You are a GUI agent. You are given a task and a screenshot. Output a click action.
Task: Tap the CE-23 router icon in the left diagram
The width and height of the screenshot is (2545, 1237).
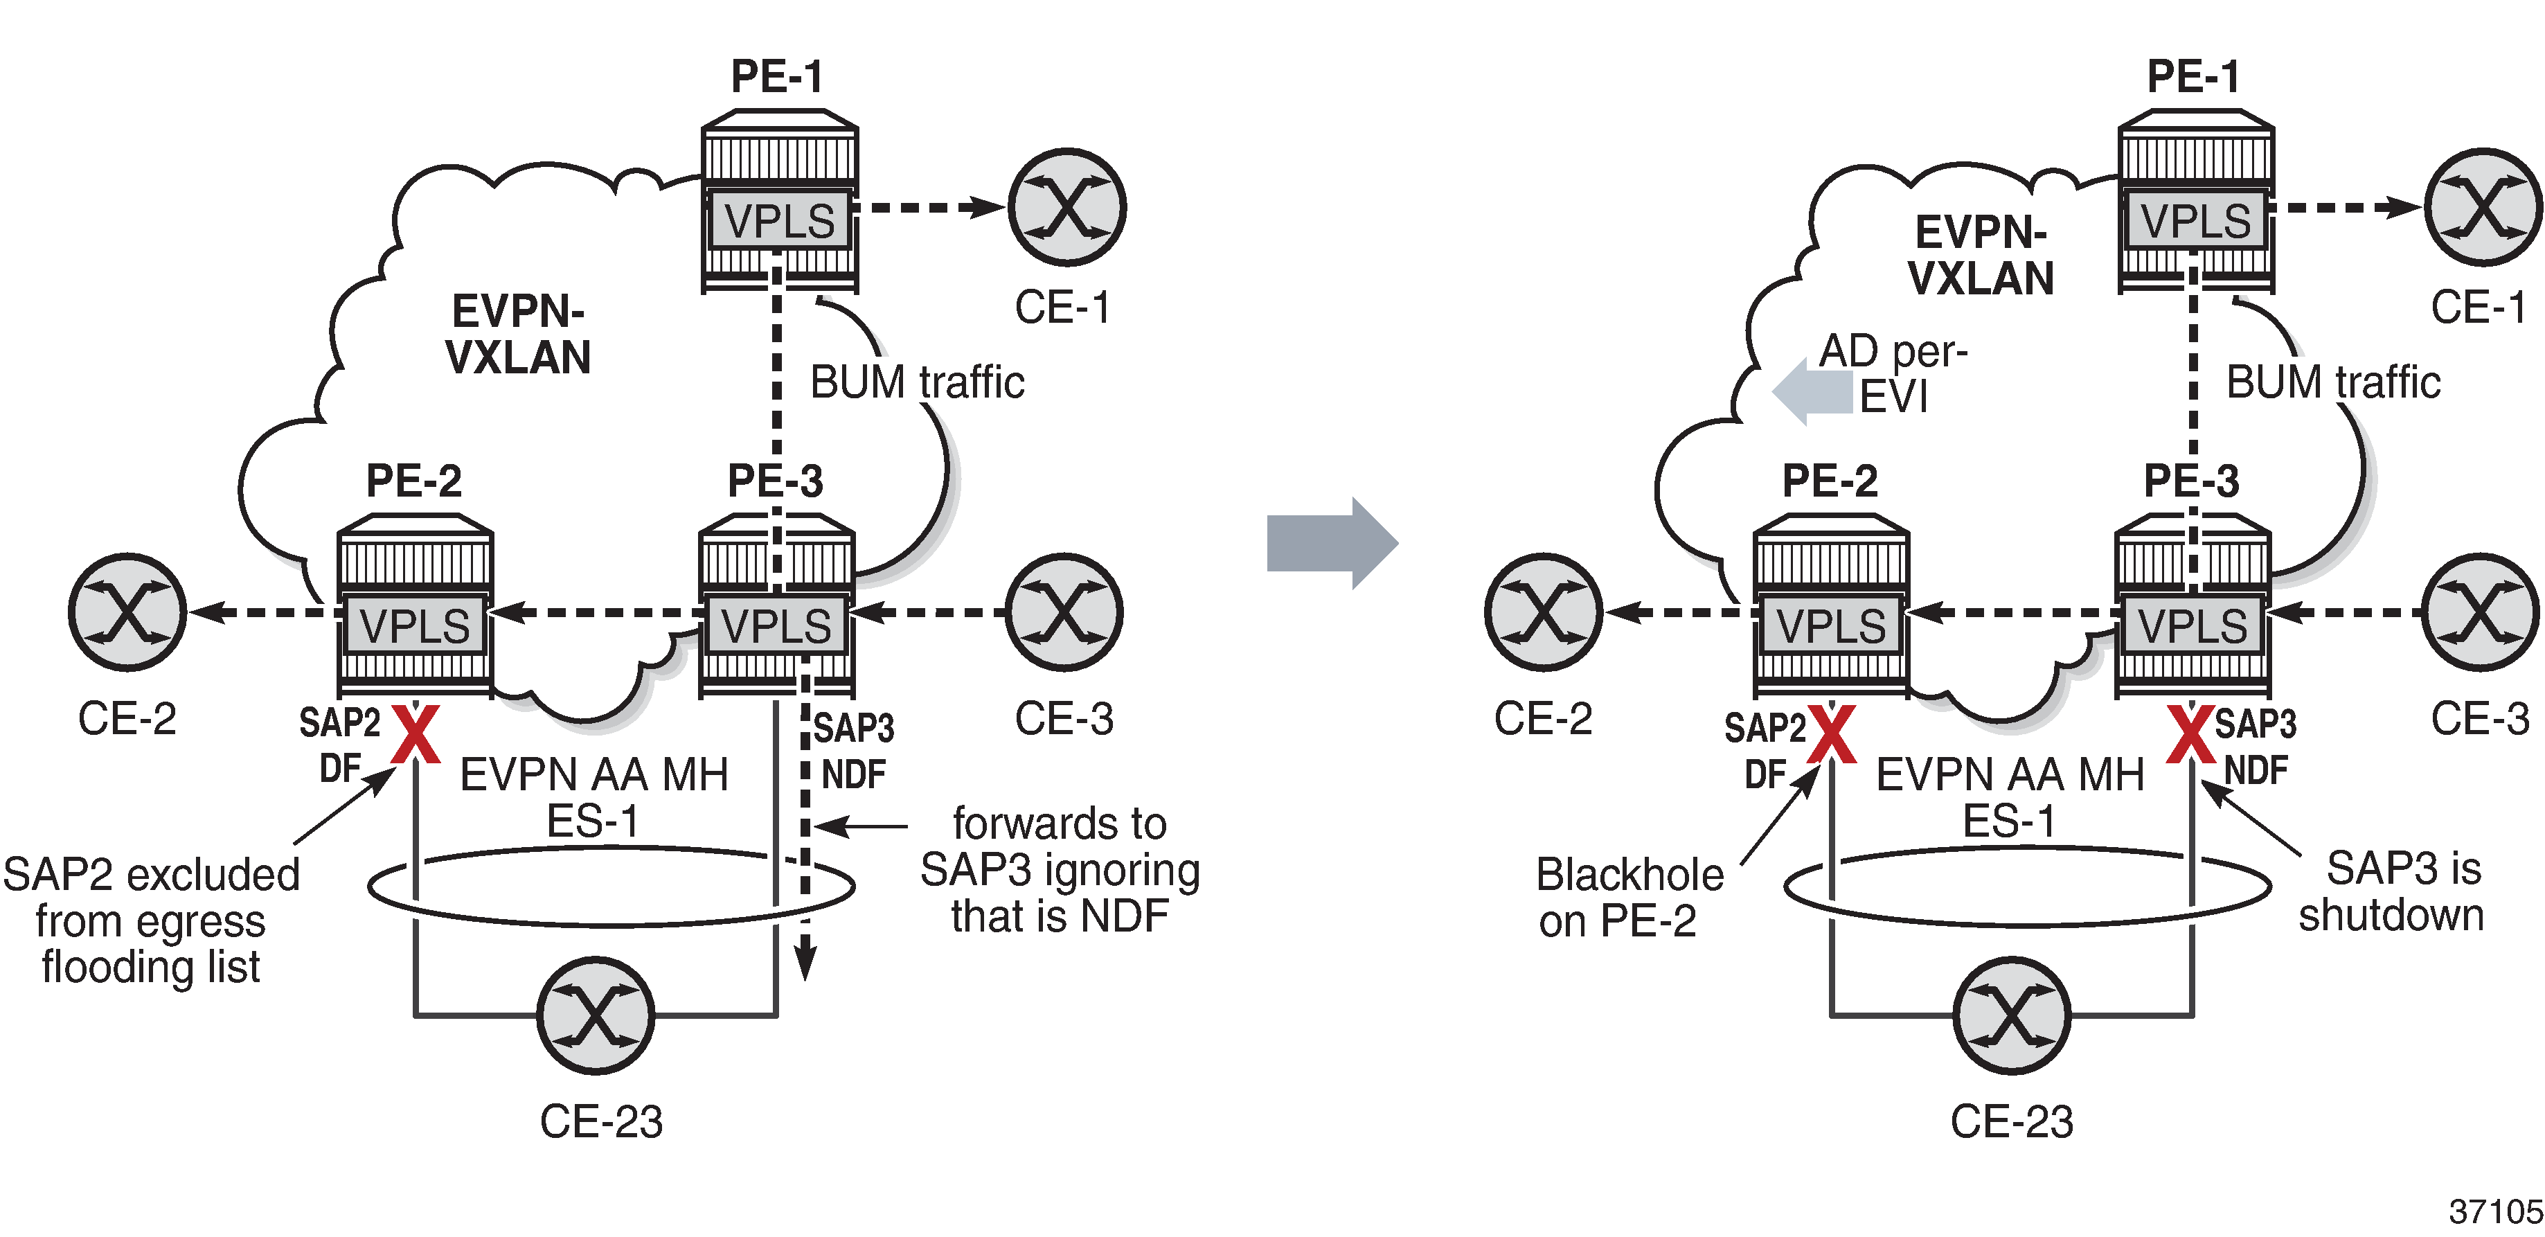point(596,1015)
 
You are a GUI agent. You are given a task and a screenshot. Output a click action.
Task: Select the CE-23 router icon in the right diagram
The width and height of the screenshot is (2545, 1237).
point(2012,1015)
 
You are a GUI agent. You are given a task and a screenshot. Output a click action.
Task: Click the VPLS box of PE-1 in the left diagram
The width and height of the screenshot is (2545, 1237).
point(780,220)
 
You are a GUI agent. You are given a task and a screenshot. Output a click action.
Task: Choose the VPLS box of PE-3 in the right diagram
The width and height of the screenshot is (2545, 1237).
point(2193,625)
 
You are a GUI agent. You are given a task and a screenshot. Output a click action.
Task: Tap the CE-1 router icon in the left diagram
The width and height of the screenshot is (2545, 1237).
point(1067,208)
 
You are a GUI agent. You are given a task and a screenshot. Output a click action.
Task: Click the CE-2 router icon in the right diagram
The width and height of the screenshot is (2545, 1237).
point(1543,612)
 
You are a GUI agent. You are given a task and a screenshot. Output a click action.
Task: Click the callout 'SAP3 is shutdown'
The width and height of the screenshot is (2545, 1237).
point(2391,891)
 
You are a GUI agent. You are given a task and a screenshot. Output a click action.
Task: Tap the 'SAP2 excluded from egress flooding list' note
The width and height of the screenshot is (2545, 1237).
point(151,921)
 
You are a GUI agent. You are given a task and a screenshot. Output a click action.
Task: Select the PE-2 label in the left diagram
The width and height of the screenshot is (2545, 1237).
point(414,481)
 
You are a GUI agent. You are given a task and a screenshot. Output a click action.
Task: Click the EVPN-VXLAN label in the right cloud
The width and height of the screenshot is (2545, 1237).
point(1981,256)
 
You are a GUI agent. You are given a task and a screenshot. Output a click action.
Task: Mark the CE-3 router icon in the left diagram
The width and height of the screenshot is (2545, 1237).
point(1064,612)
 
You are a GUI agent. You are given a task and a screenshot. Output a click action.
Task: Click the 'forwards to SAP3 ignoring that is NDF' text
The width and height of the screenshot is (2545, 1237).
point(1059,869)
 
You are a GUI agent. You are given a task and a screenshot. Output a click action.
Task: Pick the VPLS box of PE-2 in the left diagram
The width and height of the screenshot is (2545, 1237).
point(415,625)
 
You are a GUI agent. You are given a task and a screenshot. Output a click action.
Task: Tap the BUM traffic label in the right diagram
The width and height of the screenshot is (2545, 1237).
point(2332,382)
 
